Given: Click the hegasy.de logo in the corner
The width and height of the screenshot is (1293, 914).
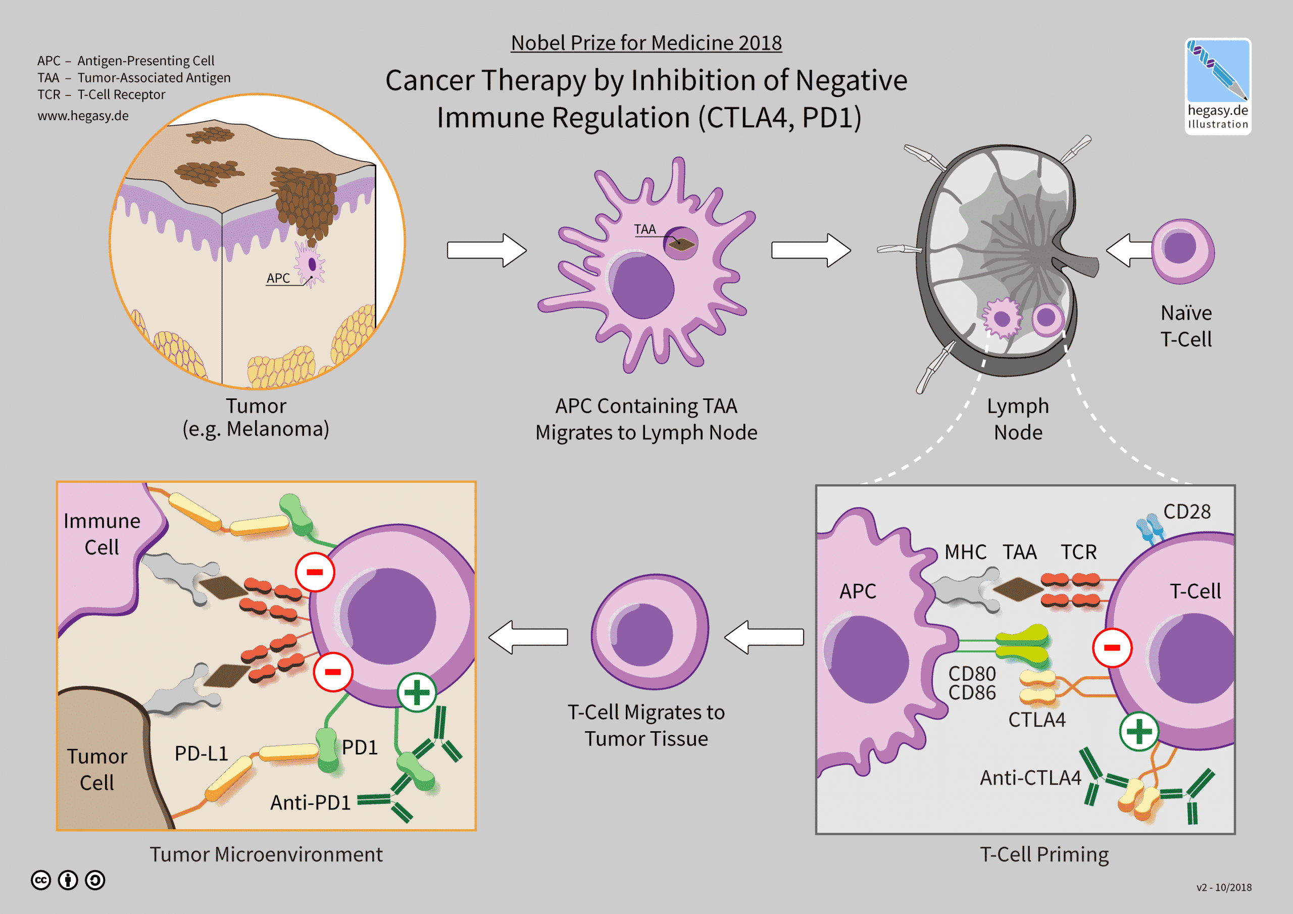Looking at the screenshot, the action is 1218,86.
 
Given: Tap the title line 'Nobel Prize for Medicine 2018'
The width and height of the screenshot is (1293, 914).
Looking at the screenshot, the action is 646,43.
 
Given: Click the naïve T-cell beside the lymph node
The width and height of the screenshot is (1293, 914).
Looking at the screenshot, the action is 1182,251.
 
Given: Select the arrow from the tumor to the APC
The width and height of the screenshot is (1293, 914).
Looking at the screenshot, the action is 486,250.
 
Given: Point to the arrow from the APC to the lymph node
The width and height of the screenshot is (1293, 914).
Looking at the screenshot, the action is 811,250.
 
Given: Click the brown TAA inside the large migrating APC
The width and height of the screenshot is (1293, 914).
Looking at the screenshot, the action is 682,244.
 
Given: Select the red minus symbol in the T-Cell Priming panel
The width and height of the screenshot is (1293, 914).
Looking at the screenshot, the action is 1112,648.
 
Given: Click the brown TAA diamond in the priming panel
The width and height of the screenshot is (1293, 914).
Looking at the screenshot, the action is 1018,589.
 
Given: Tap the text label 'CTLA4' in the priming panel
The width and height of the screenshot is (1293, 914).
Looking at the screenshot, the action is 1037,720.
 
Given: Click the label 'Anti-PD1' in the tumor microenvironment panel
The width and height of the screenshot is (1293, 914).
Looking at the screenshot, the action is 310,802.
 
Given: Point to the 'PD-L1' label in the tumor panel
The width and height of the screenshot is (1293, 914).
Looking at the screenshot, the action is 201,753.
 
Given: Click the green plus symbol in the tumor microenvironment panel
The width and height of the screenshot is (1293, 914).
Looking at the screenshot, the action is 417,692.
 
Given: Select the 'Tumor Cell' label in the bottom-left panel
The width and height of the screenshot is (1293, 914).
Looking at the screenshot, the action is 97,769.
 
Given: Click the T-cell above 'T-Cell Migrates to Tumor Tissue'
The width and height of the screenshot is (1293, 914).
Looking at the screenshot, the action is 650,632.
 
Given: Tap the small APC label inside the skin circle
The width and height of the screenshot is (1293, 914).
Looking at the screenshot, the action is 278,278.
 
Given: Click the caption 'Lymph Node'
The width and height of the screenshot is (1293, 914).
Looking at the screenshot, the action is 1018,419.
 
